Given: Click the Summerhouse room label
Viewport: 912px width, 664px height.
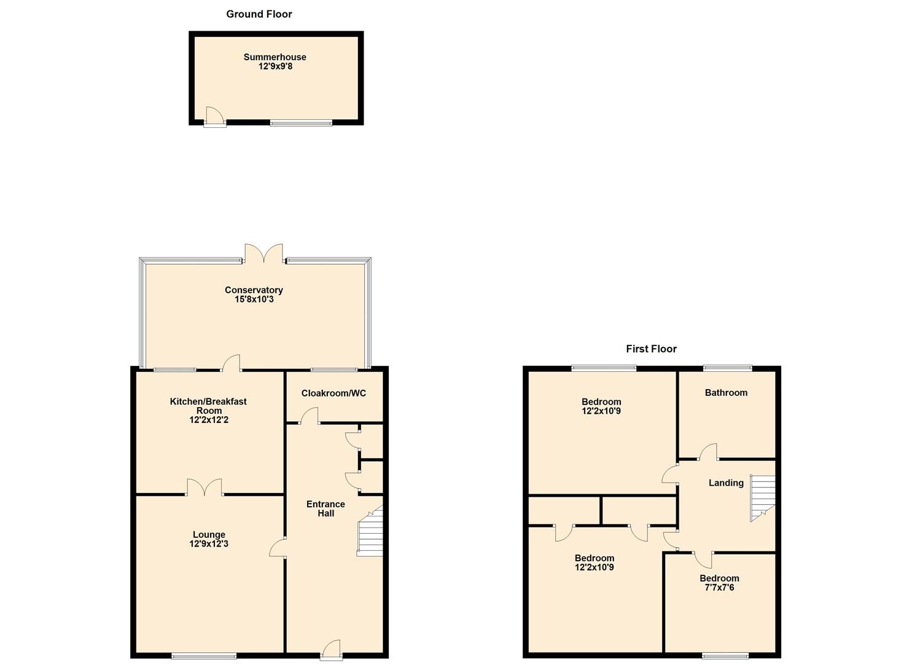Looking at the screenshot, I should coord(275,57).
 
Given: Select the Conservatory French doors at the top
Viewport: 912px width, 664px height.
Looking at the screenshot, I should coord(264,254).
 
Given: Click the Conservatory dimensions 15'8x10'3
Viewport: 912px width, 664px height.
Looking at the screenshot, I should coord(254,299).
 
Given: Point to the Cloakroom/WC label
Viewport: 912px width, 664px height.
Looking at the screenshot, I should coord(333,393).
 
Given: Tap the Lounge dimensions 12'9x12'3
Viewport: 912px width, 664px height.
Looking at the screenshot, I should coord(209,544).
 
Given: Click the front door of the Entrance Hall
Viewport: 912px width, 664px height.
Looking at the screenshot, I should coord(331,649).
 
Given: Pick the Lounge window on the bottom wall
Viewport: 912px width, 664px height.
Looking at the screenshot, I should coord(203,655).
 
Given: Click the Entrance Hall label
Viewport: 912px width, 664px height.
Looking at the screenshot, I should coord(326,508).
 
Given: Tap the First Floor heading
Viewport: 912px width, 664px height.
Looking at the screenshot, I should coord(651,349).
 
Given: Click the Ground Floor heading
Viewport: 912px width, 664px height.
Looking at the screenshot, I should coord(259,14).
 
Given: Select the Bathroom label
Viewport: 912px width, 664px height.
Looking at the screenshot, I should coord(726,393).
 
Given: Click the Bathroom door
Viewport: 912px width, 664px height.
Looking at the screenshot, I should coord(709,453).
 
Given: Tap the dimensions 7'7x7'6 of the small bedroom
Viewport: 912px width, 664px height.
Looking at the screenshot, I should coord(719,588).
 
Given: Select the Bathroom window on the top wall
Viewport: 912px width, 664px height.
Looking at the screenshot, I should coord(727,368).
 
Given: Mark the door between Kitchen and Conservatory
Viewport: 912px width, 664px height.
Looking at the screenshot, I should coord(231,364).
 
